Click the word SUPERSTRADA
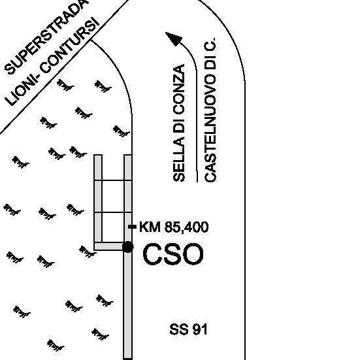(x=46, y=36)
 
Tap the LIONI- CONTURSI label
(x=52, y=61)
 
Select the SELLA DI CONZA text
(x=179, y=123)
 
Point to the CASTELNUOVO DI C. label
(x=210, y=110)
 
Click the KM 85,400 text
(x=174, y=227)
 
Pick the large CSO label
(x=173, y=254)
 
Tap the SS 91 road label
(x=189, y=329)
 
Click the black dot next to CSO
(x=128, y=247)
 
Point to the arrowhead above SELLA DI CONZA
(x=174, y=39)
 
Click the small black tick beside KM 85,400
(x=132, y=227)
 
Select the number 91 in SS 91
(x=200, y=329)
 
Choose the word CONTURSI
(x=69, y=46)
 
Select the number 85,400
(x=187, y=227)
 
